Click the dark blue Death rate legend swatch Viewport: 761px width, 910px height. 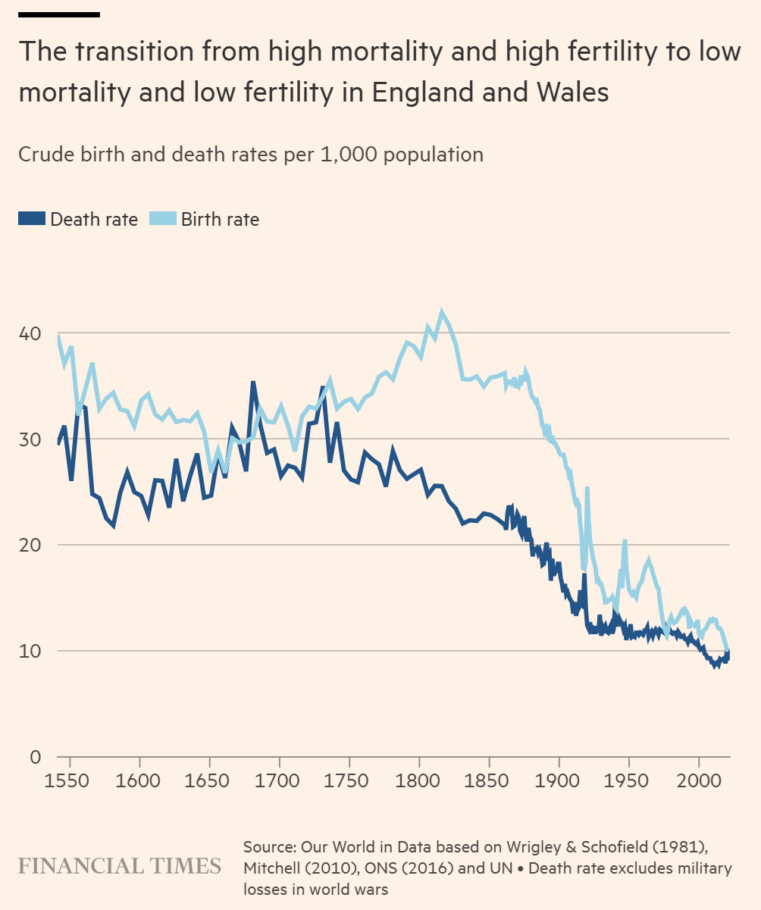[32, 220]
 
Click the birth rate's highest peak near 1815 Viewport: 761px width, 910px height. [441, 311]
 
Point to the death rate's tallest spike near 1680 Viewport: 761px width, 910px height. [253, 383]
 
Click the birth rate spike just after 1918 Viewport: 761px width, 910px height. [587, 488]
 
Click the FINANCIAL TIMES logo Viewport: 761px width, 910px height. [120, 866]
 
